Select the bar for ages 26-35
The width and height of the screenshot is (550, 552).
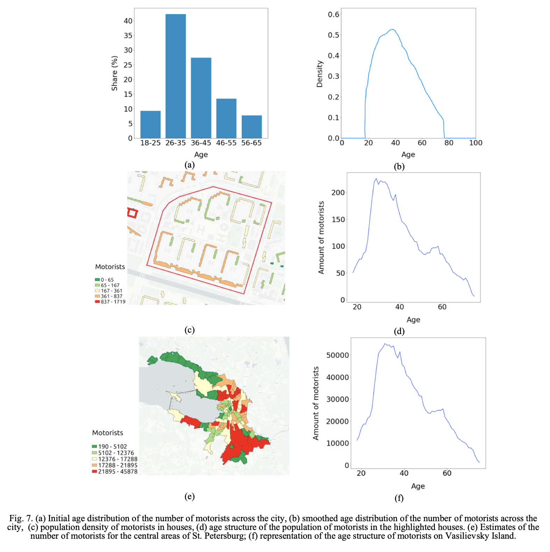coord(176,76)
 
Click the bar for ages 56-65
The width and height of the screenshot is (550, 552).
coord(252,127)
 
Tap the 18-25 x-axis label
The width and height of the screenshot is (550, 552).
coord(150,143)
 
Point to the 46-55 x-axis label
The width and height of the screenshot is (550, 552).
coord(226,143)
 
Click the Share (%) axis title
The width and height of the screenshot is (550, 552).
coord(114,73)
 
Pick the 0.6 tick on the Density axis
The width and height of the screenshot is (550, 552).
coord(333,14)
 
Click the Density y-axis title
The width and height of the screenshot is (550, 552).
coord(319,74)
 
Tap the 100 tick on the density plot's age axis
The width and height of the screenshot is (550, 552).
coord(475,143)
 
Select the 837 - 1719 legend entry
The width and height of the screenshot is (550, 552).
coord(110,302)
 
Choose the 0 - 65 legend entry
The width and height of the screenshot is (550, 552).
coord(104,280)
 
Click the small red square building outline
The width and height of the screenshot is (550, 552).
coord(132,213)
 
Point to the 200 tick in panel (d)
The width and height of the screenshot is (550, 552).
coord(338,193)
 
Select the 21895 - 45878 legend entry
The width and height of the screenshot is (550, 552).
coord(115,472)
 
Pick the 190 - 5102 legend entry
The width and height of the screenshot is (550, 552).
coord(110,446)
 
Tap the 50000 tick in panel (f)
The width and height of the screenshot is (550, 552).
coord(337,355)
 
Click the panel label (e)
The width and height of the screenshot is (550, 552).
coord(189,496)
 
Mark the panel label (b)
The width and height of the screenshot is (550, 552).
coord(399,167)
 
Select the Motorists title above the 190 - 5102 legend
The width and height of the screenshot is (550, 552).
coord(108,433)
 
